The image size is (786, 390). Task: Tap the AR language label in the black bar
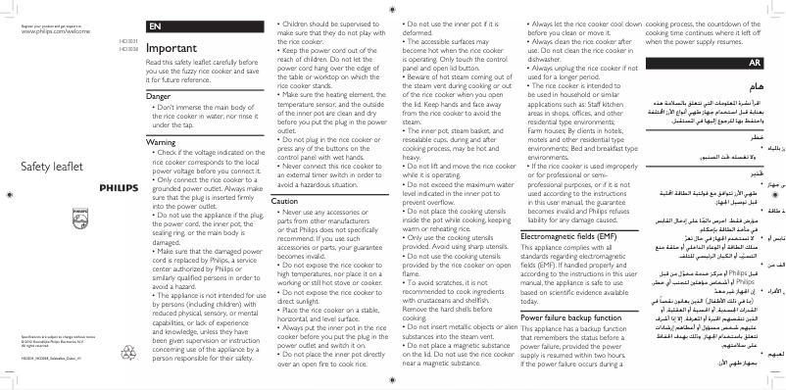coord(756,62)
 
